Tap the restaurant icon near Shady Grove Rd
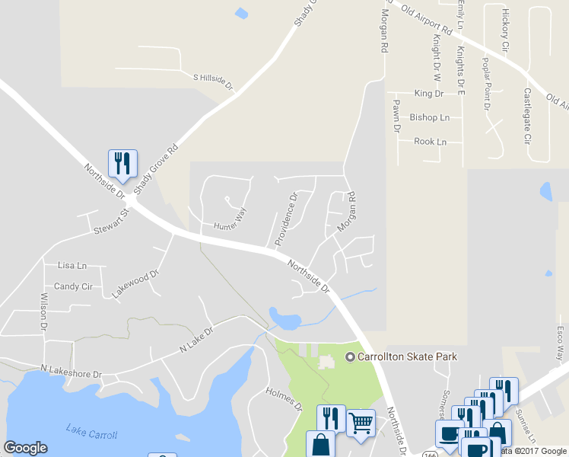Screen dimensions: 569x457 coord(122,163)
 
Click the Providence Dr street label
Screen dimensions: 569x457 coord(285,219)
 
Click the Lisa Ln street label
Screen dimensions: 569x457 coord(72,266)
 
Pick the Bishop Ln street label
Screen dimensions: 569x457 coord(430,117)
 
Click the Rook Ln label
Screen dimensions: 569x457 coord(430,142)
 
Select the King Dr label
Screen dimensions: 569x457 coord(429,94)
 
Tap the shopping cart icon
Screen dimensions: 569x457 coord(361,421)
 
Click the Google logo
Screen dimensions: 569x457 coord(25,448)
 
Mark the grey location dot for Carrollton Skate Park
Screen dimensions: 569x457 coord(351,357)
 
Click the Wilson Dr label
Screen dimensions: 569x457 coord(44,311)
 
